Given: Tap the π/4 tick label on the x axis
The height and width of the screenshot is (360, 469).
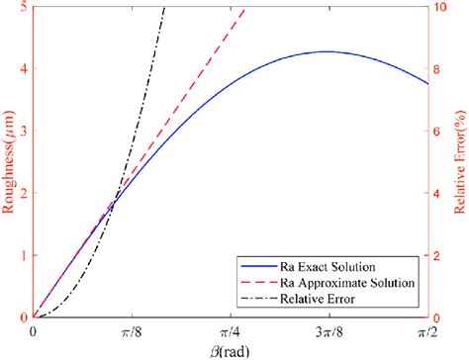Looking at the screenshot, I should click(230, 330).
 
